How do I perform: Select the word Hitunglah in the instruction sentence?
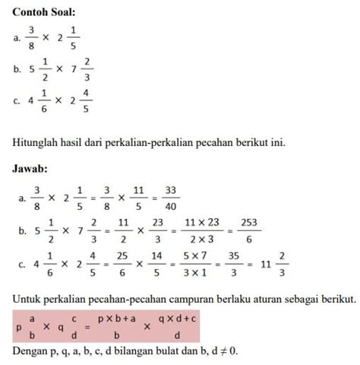(36, 144)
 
